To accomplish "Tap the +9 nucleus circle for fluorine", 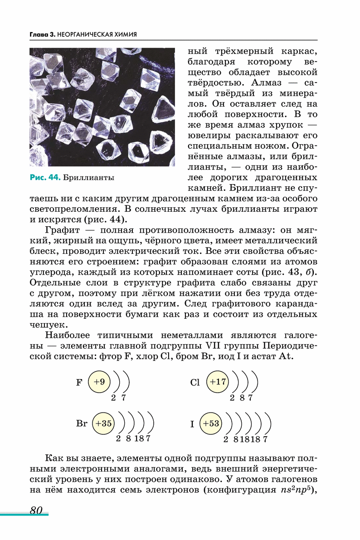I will [x=99, y=382].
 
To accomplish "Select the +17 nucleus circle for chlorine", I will [x=218, y=382].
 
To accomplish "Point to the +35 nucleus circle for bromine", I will [x=103, y=423].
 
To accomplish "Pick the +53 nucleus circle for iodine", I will [x=211, y=423].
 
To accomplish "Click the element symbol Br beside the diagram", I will [x=82, y=424].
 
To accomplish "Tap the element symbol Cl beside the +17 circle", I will [x=195, y=382].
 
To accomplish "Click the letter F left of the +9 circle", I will [x=79, y=382].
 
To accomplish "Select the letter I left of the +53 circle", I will [x=192, y=424].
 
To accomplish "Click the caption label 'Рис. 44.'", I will [x=45, y=177].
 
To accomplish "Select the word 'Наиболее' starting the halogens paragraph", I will [x=68, y=335].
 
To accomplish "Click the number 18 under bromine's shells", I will [x=139, y=439].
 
